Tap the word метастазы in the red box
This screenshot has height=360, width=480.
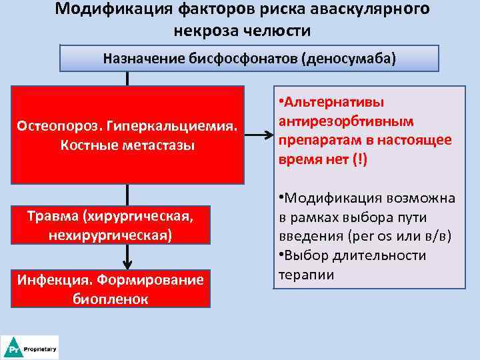point(158,146)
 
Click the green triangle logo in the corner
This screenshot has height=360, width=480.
point(12,348)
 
